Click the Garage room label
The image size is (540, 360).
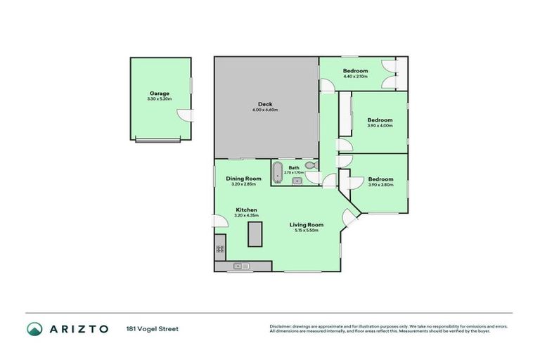click(x=159, y=93)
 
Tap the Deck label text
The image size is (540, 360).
click(x=265, y=104)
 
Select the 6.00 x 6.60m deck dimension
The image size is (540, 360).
click(x=265, y=110)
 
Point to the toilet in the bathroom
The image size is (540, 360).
click(x=310, y=167)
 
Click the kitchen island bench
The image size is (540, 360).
click(x=254, y=234)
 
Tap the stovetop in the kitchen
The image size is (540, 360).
click(x=219, y=248)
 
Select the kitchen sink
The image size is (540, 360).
click(x=239, y=266)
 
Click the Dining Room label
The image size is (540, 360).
click(x=243, y=179)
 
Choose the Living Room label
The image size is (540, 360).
click(x=307, y=224)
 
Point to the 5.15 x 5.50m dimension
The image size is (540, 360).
click(x=307, y=231)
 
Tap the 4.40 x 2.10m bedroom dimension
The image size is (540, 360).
click(x=355, y=77)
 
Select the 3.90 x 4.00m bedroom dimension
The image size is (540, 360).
click(x=380, y=126)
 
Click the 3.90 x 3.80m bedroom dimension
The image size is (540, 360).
click(x=380, y=184)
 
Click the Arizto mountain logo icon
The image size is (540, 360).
click(x=34, y=328)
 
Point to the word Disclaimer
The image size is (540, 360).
click(x=281, y=326)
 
